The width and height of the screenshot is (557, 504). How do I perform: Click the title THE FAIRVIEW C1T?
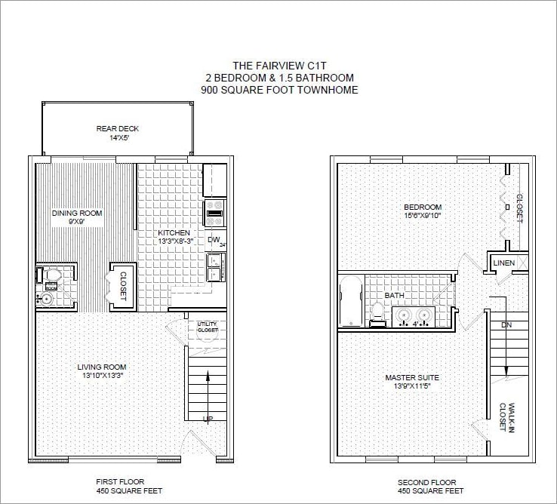click(279, 66)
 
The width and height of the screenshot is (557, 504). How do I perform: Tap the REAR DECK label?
click(118, 128)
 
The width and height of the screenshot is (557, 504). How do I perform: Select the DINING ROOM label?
click(77, 214)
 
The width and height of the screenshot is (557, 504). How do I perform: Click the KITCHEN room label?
click(174, 233)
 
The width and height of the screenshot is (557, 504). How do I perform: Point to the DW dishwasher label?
click(214, 240)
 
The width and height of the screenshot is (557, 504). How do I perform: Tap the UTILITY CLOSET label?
click(208, 327)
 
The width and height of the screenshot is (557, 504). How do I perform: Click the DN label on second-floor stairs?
click(506, 325)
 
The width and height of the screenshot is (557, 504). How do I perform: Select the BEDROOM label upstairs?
click(423, 207)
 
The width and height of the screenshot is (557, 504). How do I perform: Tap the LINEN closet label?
click(503, 263)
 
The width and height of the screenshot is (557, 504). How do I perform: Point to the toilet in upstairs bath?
click(378, 312)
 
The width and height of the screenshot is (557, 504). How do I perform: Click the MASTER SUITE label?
click(412, 377)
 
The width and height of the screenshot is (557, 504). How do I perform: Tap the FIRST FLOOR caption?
click(120, 481)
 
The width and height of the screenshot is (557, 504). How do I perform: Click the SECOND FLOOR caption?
click(426, 482)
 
